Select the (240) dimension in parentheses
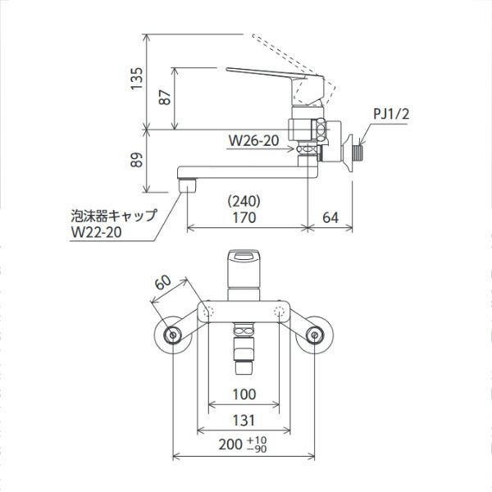coord(244,200)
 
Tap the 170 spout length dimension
coord(244,217)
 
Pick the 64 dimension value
coord(331,217)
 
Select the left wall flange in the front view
coord(172,335)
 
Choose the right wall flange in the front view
coord(314,335)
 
